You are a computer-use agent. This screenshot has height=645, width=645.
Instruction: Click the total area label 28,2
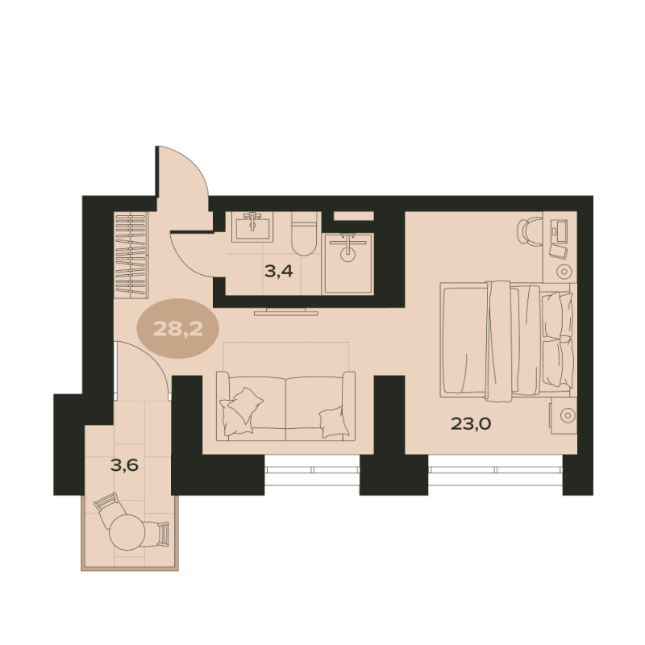[x=178, y=329]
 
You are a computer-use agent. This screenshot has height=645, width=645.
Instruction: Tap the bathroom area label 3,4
[x=279, y=271]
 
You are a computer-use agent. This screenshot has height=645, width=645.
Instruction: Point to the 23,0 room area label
[x=471, y=423]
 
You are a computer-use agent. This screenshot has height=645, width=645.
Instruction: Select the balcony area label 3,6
[x=124, y=465]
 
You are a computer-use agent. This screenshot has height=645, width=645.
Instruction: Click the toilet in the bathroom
[x=304, y=233]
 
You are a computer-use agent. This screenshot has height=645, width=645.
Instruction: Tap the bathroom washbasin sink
[x=252, y=227]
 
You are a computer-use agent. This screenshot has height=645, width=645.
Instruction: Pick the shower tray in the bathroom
[x=348, y=264]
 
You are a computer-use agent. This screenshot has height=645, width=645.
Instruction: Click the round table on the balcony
[x=127, y=532]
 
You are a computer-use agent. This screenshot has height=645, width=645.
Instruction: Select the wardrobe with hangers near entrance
[x=131, y=255]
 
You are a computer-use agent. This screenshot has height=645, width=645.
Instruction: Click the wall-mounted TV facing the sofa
[x=286, y=311]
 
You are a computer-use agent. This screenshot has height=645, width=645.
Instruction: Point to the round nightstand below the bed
[x=568, y=415]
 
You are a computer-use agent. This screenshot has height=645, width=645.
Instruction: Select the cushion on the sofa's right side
[x=334, y=422]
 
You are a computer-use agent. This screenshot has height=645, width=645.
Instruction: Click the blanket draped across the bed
[x=499, y=340]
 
